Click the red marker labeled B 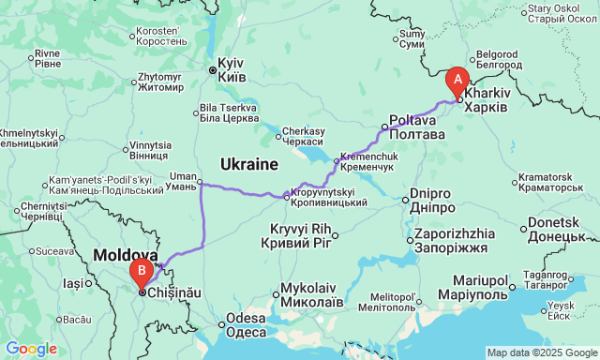(142, 273)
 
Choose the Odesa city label (246, 324)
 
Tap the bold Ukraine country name (249, 164)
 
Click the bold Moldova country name (125, 255)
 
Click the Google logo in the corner (30, 349)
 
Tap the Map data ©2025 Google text (541, 352)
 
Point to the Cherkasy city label (305, 135)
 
